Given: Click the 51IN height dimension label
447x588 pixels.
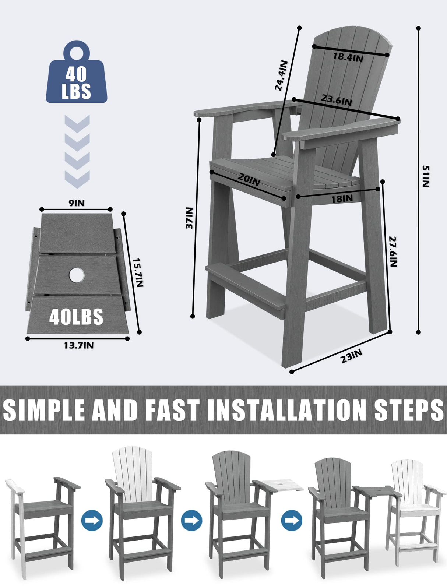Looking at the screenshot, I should coord(426,176).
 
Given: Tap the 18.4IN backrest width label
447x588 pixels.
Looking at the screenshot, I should coord(348,57).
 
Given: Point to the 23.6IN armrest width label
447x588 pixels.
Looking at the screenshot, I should coord(336,100).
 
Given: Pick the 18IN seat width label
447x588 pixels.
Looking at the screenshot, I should coord(342,199).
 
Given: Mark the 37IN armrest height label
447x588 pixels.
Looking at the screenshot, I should coord(189,218).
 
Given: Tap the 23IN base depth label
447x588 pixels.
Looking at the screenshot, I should coord(351,356).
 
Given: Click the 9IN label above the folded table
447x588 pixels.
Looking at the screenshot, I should coord(77,203).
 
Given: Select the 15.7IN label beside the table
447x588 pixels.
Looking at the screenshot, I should coord(138,272).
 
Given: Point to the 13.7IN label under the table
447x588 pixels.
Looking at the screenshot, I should coord(78,345).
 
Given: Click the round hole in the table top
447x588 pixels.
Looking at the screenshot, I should coord(76,275).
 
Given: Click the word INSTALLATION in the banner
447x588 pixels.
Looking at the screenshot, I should coord(287,410).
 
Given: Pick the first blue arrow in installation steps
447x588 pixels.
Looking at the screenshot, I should coord(92,521).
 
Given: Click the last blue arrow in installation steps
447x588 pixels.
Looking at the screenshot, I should coord(292,521).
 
